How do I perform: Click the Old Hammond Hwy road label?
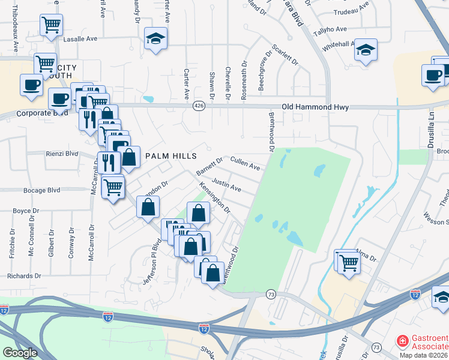point(299,107)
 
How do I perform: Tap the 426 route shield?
point(198,106)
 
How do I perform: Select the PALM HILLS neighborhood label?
point(171,156)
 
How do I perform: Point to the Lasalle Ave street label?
point(80,38)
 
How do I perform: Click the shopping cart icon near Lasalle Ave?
point(52,25)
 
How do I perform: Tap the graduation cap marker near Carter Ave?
point(156,39)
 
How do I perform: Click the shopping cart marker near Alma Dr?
point(349,262)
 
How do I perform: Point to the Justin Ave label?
point(226,185)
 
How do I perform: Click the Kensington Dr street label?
point(215,197)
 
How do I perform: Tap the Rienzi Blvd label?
point(62,154)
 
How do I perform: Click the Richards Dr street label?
point(25,276)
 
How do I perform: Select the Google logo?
point(20,353)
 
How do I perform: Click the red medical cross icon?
point(402,342)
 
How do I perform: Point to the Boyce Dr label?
point(26,211)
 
